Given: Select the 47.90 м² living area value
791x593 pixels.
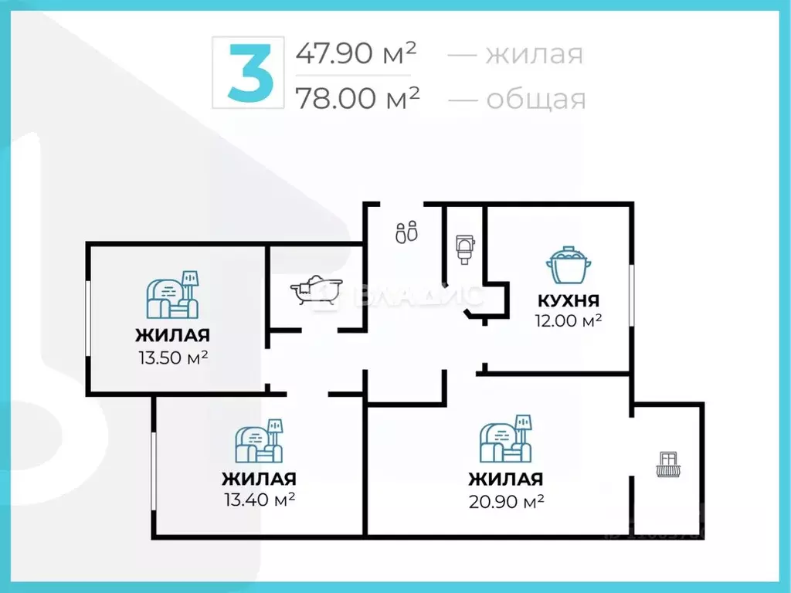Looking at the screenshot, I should coord(356,53).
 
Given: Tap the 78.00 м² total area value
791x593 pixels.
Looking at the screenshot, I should coord(358,98).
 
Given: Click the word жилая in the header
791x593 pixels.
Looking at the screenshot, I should coord(533,54).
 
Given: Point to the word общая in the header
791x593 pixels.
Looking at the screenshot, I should coord(535,99).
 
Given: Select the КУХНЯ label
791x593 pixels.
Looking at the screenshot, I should coord(569,301).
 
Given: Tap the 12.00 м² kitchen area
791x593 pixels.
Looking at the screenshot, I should coord(569,320).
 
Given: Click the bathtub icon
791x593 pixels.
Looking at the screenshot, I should coord(315,290).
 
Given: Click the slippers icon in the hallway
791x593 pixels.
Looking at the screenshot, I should coord(406,232).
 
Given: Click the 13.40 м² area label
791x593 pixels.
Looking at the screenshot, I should coord(260,500).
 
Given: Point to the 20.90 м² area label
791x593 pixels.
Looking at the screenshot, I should coord(506,501).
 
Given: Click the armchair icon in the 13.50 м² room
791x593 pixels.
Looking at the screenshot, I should coord(172,294).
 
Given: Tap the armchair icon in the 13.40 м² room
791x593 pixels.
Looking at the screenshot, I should coord(260,441).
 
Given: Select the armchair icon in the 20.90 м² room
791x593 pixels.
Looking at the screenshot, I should coord(506,438).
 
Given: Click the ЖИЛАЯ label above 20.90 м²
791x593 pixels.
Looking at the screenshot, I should coord(505,479).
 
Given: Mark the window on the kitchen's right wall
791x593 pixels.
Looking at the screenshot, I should coord(632,296).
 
